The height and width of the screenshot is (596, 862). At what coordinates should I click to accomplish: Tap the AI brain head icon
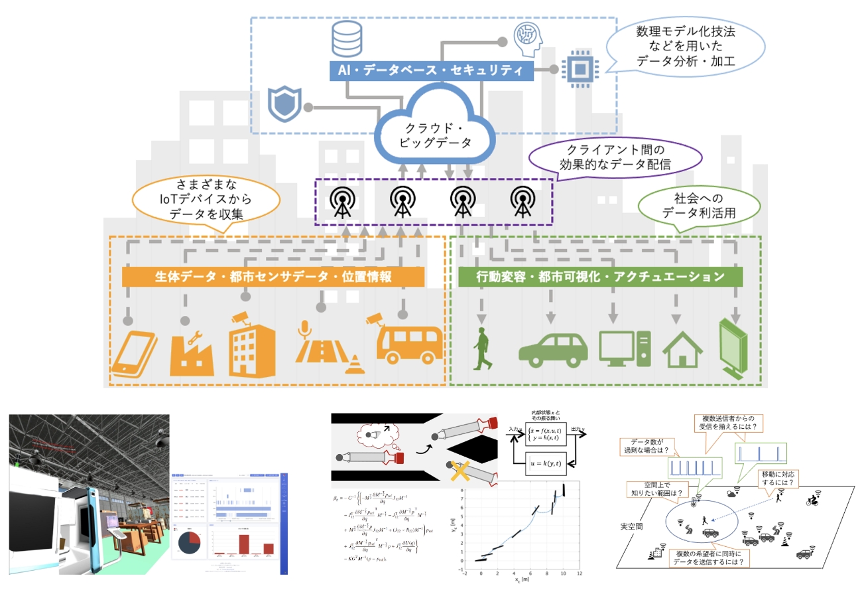pos(528,35)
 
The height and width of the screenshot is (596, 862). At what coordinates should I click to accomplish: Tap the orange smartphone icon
pos(135,351)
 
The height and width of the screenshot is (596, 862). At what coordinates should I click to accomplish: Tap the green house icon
pos(682,350)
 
